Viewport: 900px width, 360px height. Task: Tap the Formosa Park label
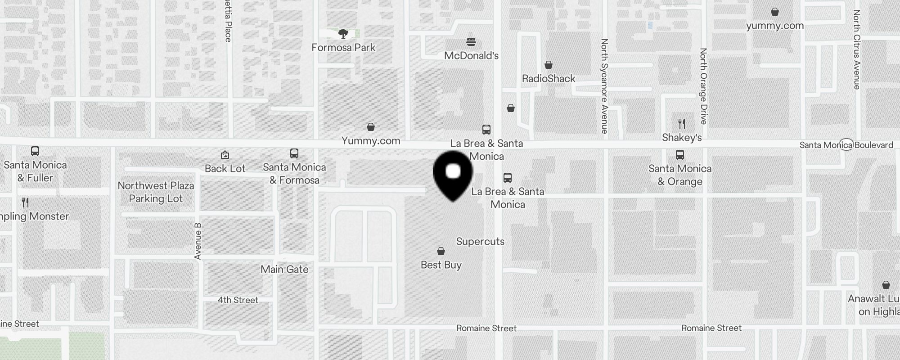343,47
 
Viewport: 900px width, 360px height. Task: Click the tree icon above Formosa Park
343,33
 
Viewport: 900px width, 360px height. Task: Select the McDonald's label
471,55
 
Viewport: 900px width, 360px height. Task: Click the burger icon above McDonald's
471,42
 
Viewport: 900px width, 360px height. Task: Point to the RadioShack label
549,78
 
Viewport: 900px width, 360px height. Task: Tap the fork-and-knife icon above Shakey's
682,123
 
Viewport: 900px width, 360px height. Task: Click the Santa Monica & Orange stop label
680,175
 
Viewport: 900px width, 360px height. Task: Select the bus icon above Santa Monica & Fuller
35,151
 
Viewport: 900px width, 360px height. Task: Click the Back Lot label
225,168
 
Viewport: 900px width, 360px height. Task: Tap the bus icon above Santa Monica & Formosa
294,153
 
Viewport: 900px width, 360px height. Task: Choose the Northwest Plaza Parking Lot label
156,192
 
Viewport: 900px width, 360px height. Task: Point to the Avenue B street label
198,241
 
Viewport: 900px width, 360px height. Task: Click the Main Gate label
284,269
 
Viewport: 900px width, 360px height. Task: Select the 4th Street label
238,300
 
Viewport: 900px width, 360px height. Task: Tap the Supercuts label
480,241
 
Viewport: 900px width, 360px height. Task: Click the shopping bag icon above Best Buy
441,251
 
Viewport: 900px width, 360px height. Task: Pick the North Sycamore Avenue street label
604,86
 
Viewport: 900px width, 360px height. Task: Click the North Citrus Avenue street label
856,49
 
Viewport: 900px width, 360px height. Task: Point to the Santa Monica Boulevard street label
846,145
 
